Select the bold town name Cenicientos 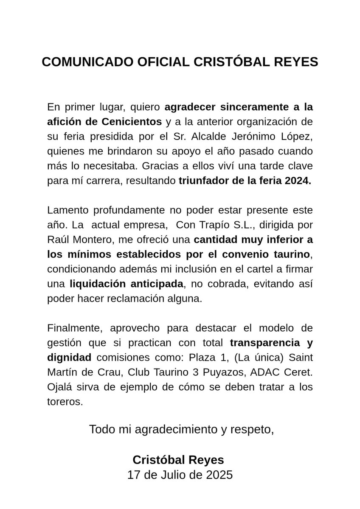(x=132, y=121)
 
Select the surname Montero (x=93, y=239)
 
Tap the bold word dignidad (x=69, y=358)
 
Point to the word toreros (x=65, y=402)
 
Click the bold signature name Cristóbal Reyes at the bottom (x=178, y=460)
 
